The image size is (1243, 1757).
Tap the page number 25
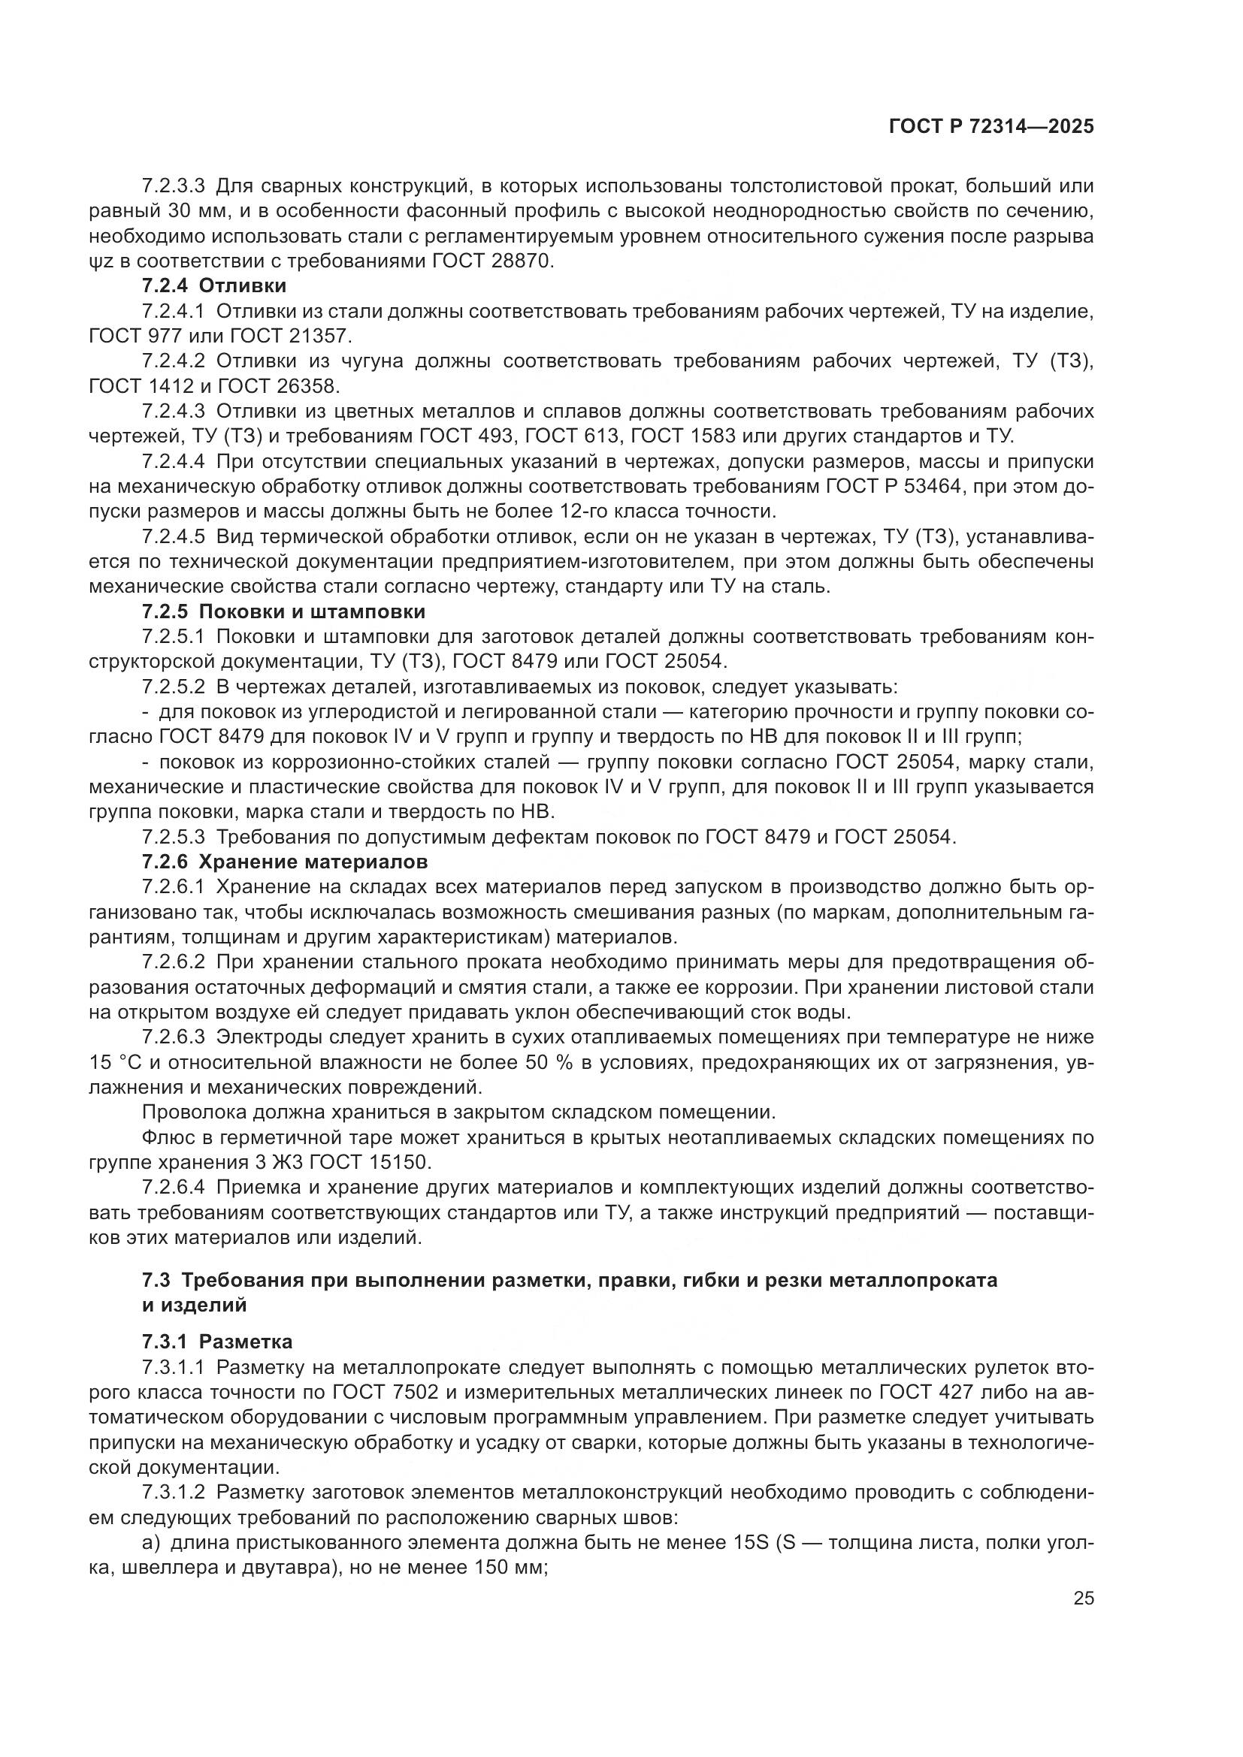1084,1599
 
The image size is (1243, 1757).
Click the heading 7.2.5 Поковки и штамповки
283,612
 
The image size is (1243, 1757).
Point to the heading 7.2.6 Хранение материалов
284,862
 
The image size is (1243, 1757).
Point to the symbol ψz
101,261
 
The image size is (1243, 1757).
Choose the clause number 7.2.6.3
174,1037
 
